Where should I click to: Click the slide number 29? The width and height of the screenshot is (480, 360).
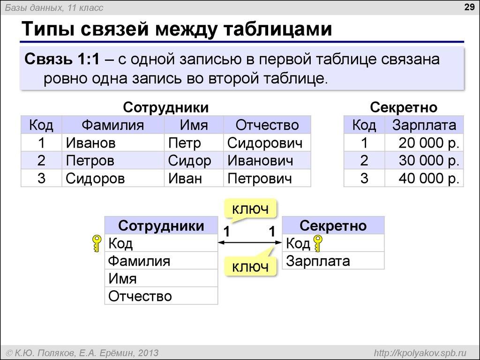point(468,7)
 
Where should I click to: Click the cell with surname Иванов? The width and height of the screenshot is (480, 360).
point(90,142)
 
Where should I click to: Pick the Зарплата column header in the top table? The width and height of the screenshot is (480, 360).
point(424,125)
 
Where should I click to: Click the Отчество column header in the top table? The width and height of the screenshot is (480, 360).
point(267,125)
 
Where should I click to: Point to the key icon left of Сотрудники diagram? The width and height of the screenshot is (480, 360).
point(96,244)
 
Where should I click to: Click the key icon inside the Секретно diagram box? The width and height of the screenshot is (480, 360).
point(318,244)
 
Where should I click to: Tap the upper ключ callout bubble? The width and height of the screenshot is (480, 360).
point(248,209)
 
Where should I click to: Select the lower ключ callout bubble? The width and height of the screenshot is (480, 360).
point(248,267)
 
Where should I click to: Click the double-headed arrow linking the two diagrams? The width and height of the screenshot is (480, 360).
point(249,243)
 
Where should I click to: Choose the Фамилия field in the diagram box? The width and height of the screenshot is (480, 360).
point(139,261)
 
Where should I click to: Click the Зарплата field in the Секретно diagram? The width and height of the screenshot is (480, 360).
point(318,261)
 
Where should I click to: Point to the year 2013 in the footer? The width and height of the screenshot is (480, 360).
point(148,352)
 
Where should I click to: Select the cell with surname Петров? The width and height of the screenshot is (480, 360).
point(90,161)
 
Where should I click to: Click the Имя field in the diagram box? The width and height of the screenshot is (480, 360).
point(122,279)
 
